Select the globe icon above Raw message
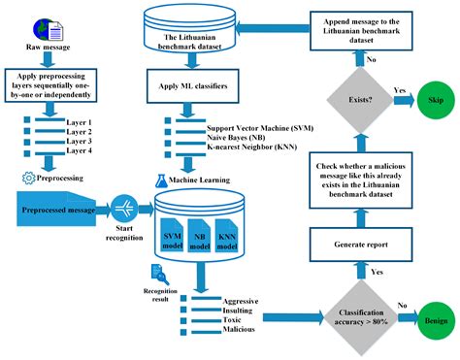(x=23, y=31)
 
